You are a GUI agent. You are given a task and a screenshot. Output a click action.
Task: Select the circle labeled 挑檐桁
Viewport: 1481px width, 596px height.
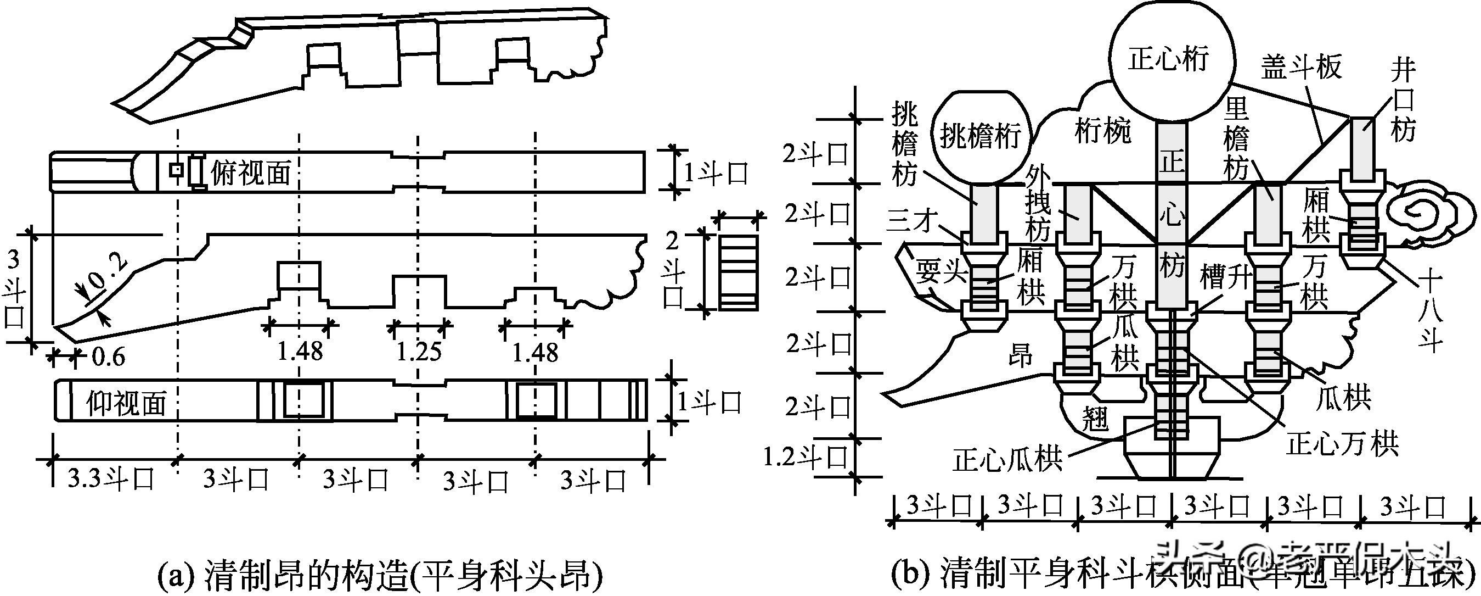(x=979, y=136)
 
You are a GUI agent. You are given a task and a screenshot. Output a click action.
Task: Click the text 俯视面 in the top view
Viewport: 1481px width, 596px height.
(x=251, y=172)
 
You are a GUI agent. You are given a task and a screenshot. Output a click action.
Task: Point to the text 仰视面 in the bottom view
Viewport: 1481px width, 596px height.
(x=127, y=402)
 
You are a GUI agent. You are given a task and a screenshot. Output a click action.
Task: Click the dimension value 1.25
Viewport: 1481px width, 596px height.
(x=419, y=351)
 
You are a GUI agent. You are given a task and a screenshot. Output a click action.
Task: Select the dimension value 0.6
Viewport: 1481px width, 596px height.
(x=109, y=357)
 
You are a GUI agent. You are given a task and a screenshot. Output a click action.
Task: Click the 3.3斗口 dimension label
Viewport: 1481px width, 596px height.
(x=111, y=478)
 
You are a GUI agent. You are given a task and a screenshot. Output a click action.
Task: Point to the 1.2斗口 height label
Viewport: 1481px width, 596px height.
(x=806, y=458)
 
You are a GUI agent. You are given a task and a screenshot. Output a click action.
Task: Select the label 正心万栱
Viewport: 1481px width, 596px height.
(x=1342, y=443)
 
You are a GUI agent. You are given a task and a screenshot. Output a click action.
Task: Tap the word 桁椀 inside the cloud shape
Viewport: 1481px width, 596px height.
(x=1103, y=132)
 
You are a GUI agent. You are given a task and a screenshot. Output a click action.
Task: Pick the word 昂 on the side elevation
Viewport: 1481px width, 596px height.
(x=1021, y=357)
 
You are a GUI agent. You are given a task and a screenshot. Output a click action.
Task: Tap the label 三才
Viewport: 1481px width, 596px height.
(x=913, y=221)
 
